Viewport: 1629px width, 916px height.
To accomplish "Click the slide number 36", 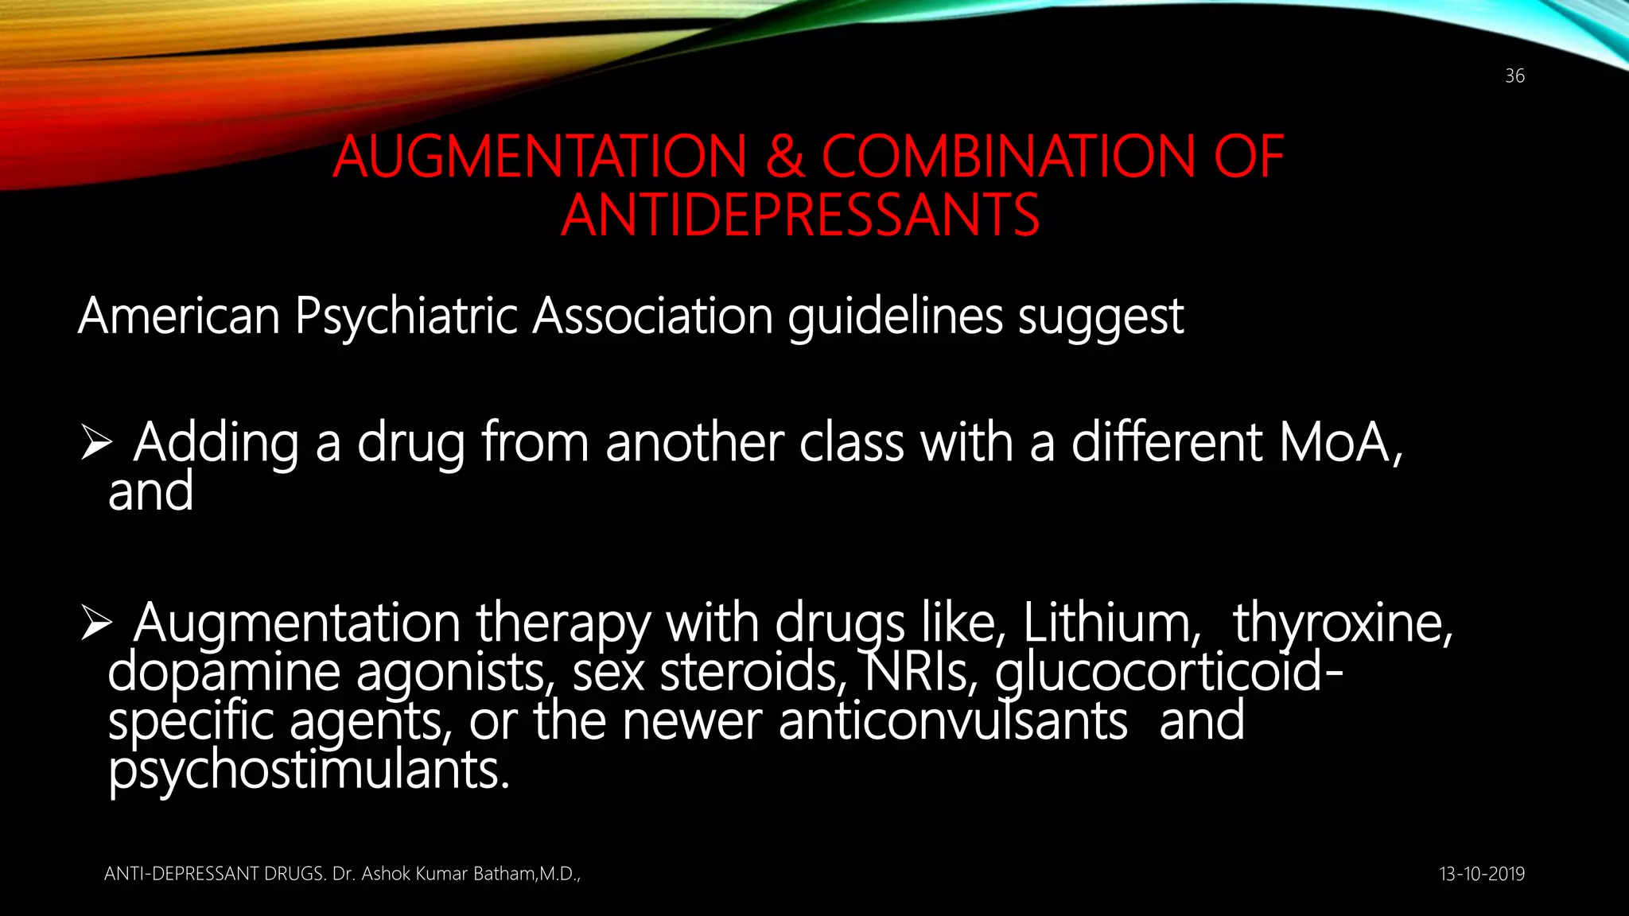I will coord(1514,76).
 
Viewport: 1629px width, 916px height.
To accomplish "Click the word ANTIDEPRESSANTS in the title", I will coord(800,215).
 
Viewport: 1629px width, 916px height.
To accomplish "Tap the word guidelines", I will coord(896,316).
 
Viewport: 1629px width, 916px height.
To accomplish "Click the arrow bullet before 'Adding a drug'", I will coord(96,444).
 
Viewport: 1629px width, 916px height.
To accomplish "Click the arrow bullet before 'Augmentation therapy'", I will coord(96,624).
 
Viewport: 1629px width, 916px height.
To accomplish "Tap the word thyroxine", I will coord(1343,623).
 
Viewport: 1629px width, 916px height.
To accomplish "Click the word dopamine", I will coord(224,673).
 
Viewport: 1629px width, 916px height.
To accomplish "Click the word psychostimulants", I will coord(308,771).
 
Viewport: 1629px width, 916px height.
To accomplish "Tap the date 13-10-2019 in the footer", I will coord(1482,874).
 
